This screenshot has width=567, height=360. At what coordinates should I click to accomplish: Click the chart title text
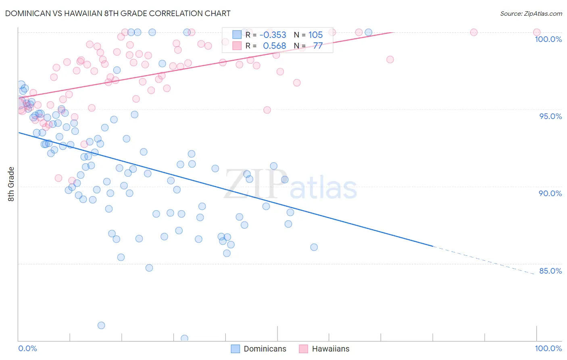pos(118,13)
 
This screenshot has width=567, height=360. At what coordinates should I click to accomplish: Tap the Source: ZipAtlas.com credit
pos(531,13)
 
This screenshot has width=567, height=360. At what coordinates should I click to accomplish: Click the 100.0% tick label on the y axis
pos(548,39)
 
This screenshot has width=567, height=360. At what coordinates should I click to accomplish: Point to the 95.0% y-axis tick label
pos(550,116)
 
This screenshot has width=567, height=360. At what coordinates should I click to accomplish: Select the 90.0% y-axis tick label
pos(550,193)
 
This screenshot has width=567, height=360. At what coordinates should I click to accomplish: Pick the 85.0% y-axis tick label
pos(550,271)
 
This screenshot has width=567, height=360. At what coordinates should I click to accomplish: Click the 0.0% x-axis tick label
pos(27,348)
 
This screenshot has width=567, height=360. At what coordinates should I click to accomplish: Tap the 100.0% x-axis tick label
pos(548,348)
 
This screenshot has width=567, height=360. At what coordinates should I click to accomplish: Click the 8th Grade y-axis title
pos(11,184)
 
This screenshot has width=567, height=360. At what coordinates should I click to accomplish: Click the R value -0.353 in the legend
pos(273,35)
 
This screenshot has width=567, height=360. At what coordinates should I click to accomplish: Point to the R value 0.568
pos(274,46)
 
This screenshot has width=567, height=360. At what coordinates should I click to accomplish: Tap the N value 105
pos(315,35)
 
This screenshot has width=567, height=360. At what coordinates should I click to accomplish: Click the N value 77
pos(318,46)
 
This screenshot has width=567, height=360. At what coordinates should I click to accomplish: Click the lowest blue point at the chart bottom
pos(184,338)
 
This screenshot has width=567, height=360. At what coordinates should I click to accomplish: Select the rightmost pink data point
pos(537,32)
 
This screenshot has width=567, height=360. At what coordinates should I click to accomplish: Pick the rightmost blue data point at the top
pos(368,32)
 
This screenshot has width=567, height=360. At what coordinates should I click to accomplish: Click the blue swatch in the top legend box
pos(237,35)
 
